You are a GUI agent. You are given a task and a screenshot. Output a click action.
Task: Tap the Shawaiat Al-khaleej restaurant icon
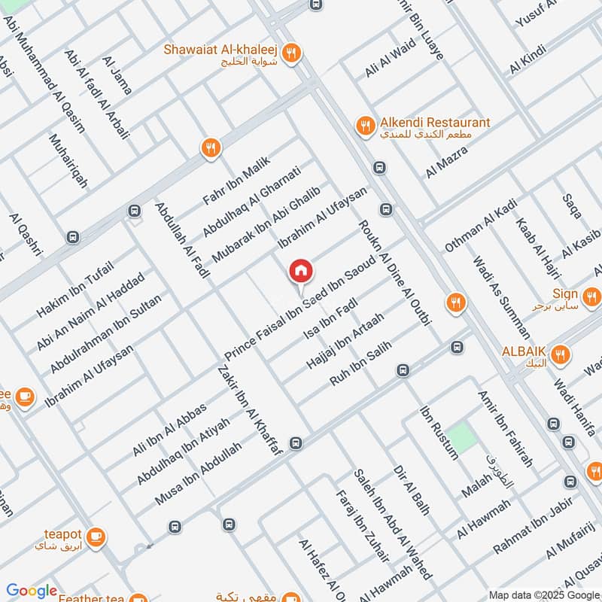293,53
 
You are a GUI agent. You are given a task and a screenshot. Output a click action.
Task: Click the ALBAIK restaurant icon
560,354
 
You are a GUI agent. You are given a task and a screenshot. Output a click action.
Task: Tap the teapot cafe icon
96,537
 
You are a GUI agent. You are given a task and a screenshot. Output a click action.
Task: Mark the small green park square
464,437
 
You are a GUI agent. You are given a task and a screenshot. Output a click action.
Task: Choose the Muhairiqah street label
68,161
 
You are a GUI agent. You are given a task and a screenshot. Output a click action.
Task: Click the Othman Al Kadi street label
482,225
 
